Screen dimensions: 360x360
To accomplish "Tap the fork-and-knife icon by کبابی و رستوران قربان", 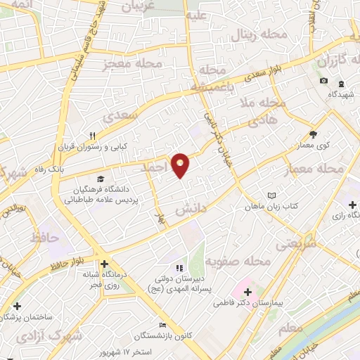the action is point(91,136).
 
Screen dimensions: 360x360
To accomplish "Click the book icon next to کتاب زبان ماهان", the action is point(274,196).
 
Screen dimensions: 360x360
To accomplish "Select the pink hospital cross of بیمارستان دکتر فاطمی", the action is point(247,290).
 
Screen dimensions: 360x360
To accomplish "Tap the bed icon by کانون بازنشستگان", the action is point(163,326).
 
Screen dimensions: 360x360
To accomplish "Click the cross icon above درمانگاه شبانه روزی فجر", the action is point(104,264).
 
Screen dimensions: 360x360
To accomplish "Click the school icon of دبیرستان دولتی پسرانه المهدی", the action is point(179,268).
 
